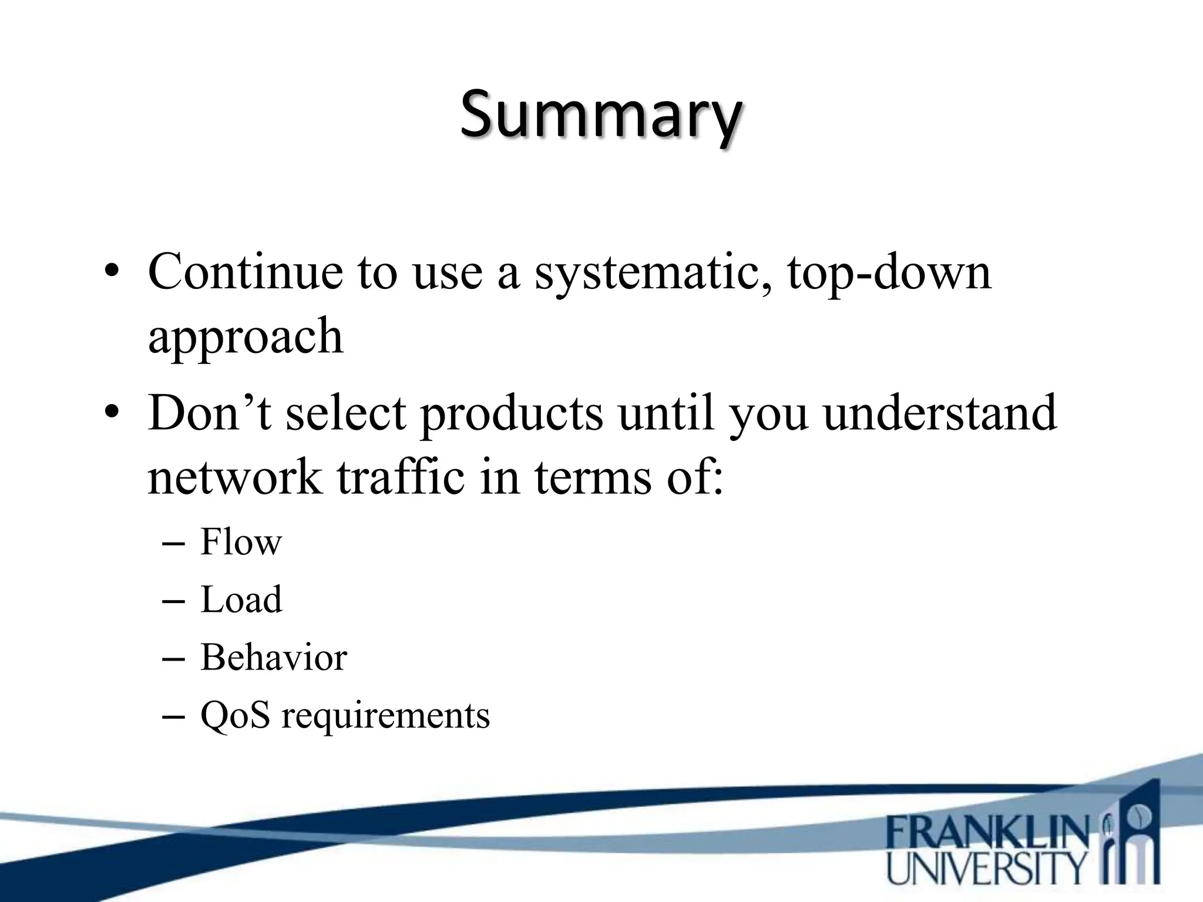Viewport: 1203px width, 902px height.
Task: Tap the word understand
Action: (x=940, y=413)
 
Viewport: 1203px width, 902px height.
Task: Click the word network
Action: (x=235, y=477)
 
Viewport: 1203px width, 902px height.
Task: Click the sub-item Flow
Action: (x=241, y=542)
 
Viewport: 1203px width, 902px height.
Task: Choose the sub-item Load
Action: (x=241, y=600)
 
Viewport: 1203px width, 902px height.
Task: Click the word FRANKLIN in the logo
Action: (x=987, y=832)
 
